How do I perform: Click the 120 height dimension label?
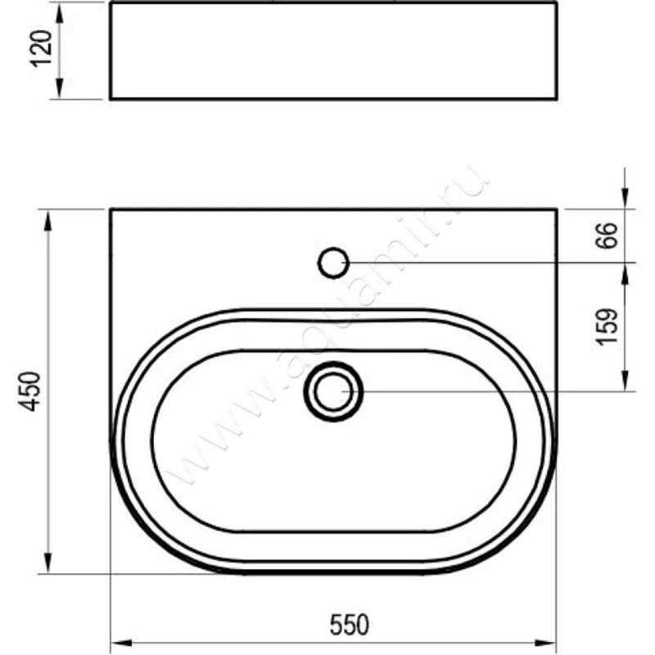[43, 48]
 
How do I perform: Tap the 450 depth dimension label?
[29, 391]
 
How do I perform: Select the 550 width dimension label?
[350, 625]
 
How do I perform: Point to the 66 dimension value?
[606, 236]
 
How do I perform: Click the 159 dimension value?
[607, 327]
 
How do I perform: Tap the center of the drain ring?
[333, 391]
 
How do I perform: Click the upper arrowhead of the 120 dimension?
[60, 13]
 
